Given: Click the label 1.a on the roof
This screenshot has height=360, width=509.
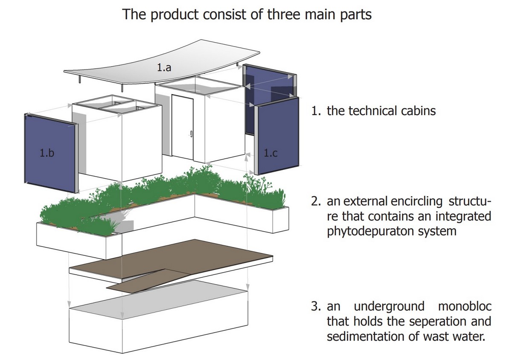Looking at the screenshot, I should click(x=164, y=67).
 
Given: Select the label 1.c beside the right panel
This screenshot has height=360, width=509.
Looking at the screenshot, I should click(x=270, y=154).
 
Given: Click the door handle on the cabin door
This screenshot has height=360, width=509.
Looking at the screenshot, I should click(x=191, y=135).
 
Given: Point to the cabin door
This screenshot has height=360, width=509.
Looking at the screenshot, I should click(x=183, y=126).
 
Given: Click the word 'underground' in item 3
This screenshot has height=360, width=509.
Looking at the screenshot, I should click(x=389, y=306).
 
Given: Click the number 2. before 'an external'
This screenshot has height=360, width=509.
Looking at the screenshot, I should click(x=316, y=201).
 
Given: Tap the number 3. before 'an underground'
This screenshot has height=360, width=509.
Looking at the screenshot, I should click(x=316, y=306).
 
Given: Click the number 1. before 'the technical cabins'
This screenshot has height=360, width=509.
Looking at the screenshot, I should click(x=316, y=111).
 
